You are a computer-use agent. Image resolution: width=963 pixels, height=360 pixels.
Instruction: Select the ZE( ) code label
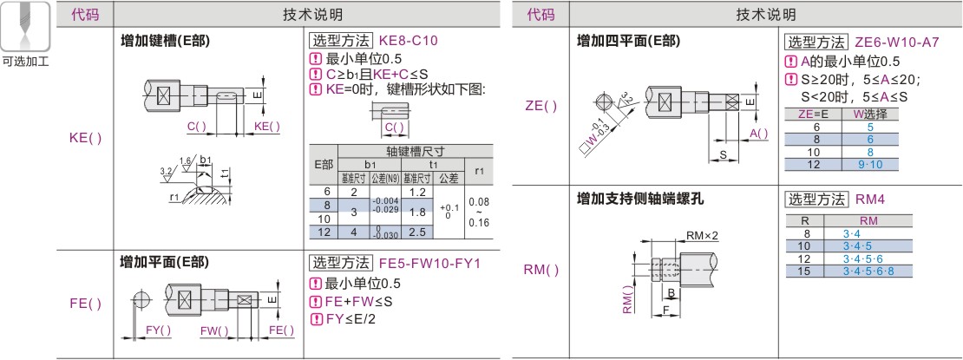tap(541, 106)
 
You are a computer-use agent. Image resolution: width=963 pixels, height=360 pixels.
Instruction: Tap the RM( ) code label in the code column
tap(541, 270)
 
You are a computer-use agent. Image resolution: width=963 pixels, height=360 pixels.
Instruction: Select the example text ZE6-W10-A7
tap(896, 42)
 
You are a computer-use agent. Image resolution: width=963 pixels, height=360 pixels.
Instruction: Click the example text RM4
tap(870, 198)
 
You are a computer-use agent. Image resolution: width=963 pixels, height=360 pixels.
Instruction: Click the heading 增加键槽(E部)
tap(165, 42)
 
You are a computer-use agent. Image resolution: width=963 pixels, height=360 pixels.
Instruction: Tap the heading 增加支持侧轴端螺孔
tap(641, 199)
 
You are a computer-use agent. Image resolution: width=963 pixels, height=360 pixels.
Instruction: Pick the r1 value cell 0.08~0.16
tap(479, 211)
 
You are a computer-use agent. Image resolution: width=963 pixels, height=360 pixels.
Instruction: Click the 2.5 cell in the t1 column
tap(416, 232)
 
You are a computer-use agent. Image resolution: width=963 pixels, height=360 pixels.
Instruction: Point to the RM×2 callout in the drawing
tap(703, 236)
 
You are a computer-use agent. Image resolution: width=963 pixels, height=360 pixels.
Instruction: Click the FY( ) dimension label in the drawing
tap(158, 331)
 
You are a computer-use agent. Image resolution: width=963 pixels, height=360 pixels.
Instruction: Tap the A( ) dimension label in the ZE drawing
tap(758, 133)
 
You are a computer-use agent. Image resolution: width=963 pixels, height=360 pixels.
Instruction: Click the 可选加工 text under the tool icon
tap(25, 62)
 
